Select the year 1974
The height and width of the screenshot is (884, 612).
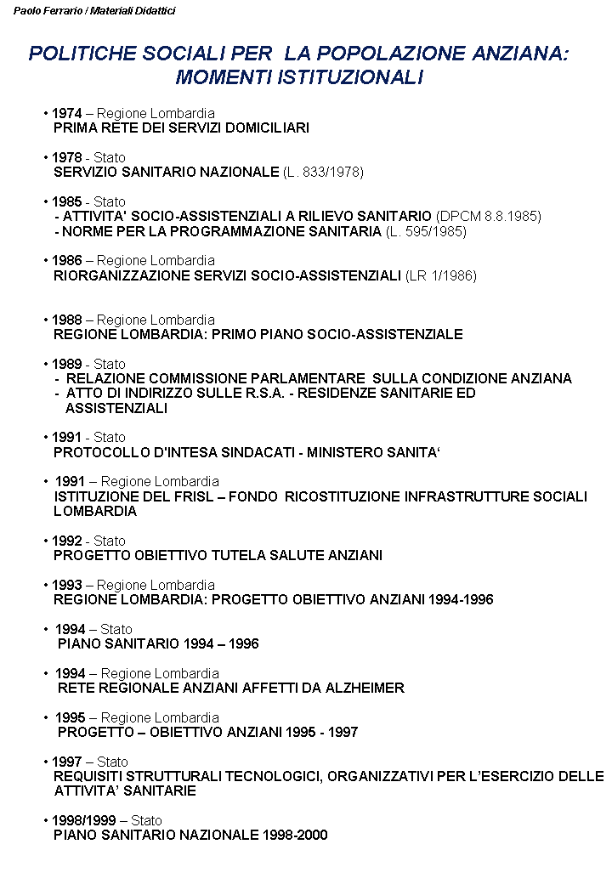click(66, 113)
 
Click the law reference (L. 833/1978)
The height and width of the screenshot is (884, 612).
click(323, 172)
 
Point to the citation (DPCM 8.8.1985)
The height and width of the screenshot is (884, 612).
click(488, 216)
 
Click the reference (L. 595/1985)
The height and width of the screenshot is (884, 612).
click(426, 231)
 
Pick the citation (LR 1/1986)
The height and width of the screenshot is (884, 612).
click(441, 275)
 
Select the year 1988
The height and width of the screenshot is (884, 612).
click(66, 320)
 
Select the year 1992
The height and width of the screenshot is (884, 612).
click(66, 541)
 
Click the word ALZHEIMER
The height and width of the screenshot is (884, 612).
click(365, 688)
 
